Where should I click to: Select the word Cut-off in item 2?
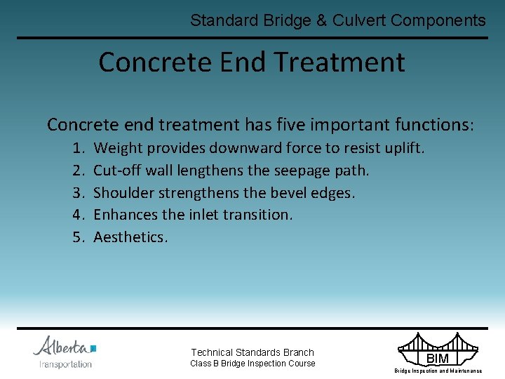tap(117, 171)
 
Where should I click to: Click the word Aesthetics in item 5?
tap(130, 237)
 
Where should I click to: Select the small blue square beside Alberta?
tap(93, 347)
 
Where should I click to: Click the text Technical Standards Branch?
tap(252, 352)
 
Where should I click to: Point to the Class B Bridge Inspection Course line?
tap(252, 364)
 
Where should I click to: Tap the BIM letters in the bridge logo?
tap(438, 359)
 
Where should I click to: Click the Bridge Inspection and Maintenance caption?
tap(438, 371)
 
